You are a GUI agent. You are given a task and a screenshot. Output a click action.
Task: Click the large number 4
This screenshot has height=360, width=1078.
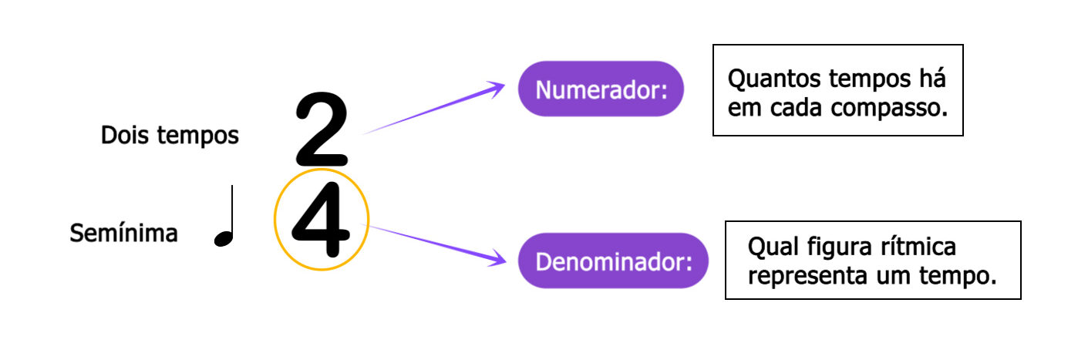(x=322, y=220)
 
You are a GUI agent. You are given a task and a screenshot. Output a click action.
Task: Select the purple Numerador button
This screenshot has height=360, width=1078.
(x=601, y=89)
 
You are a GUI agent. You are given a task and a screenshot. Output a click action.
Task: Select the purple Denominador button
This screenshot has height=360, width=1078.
(x=613, y=261)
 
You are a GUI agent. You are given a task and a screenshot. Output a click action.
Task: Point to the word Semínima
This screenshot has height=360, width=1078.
(x=123, y=233)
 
